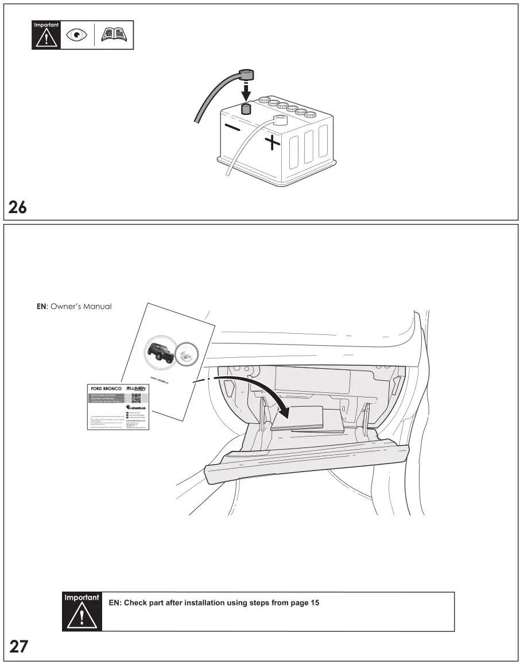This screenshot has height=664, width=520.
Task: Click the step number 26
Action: (x=18, y=207)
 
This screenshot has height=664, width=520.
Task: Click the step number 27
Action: (x=18, y=647)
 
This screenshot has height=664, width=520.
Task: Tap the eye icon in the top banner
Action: (x=76, y=35)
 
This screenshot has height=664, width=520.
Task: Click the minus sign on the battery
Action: (x=232, y=128)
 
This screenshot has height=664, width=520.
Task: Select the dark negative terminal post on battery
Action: (x=246, y=110)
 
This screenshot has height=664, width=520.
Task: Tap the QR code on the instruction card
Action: (x=136, y=398)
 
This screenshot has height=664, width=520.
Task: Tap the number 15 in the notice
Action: (x=315, y=603)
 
